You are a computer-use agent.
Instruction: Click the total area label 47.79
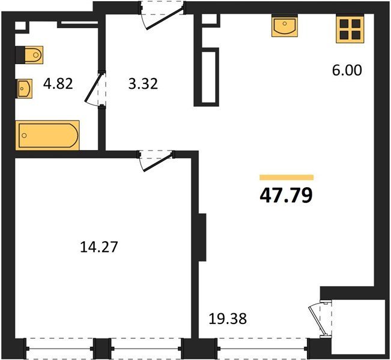[x=286, y=195]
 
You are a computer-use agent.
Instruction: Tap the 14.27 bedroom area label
[x=99, y=247]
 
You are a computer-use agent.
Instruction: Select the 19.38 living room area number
[x=228, y=319]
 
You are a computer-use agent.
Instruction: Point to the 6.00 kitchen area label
[x=347, y=70]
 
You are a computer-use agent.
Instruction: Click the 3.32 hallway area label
[x=143, y=84]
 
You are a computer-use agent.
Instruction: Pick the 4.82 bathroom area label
[x=58, y=83]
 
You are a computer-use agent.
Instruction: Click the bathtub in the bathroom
[x=47, y=135]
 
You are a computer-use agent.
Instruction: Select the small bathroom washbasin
[x=25, y=88]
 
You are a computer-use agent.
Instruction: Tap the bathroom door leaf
[x=94, y=88]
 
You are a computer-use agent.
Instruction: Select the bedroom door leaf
[x=158, y=163]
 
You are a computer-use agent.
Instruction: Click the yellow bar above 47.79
[x=286, y=177]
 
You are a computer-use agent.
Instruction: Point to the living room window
[x=262, y=348]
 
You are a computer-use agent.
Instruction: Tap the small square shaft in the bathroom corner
[x=20, y=26]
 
